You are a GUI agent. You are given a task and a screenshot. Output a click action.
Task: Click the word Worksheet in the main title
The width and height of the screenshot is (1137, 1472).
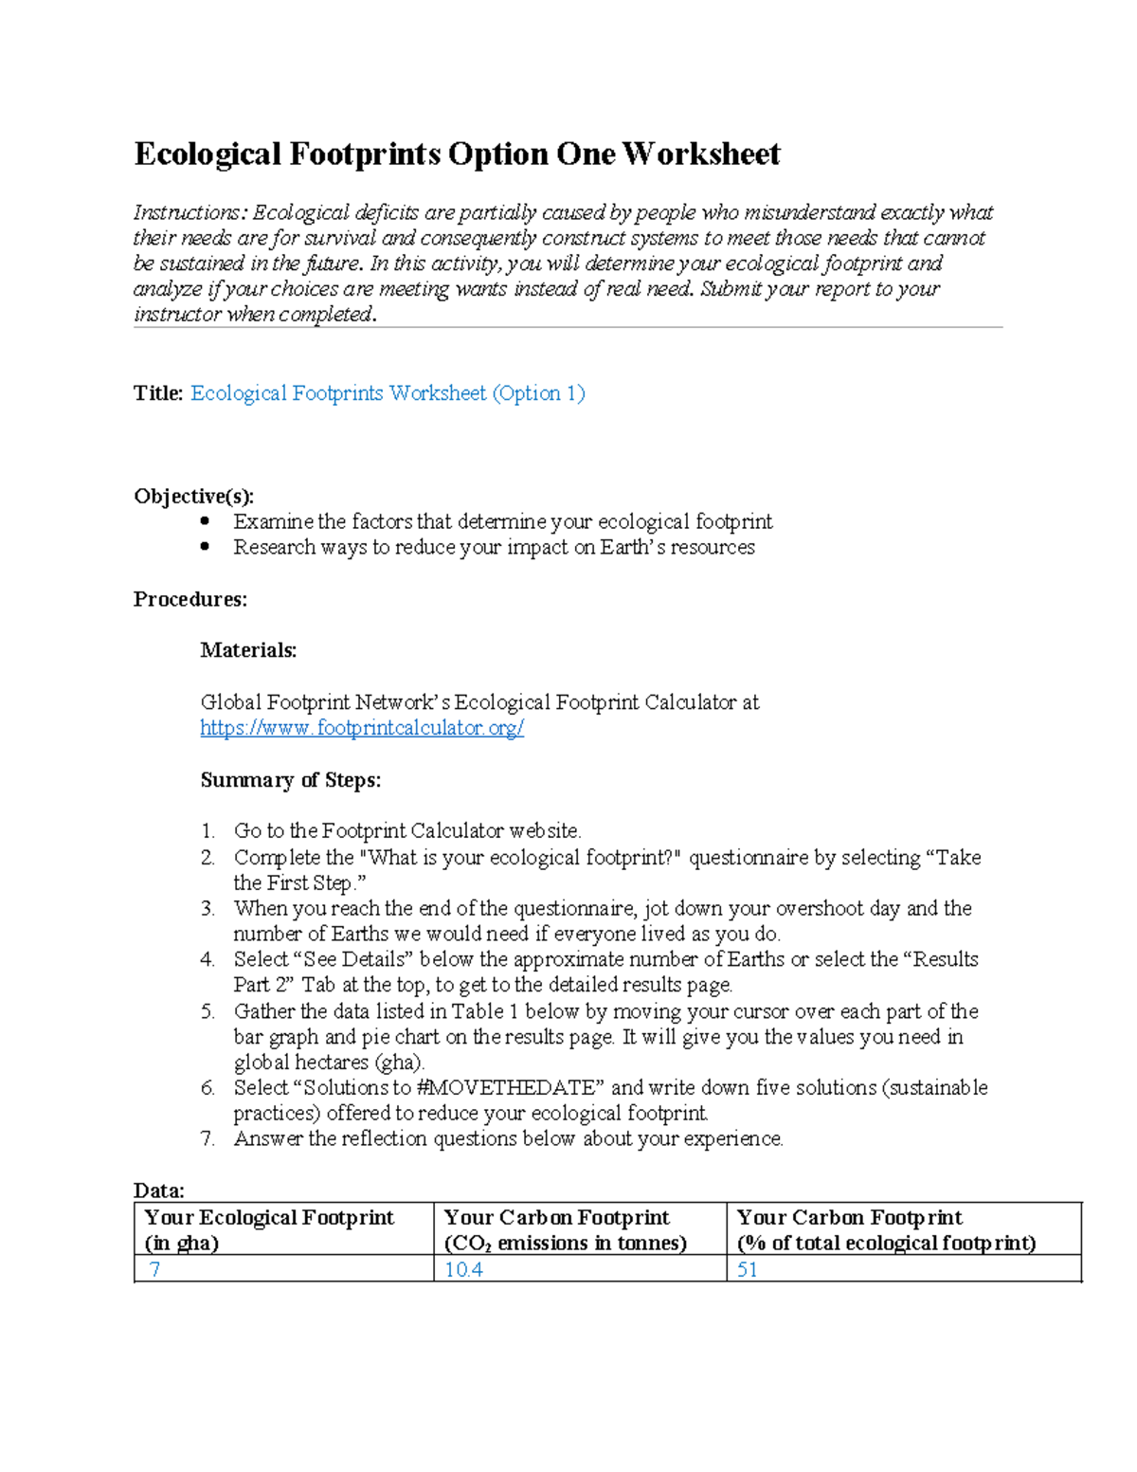700,154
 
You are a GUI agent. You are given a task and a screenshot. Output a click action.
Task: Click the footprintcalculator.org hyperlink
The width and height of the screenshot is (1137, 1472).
362,728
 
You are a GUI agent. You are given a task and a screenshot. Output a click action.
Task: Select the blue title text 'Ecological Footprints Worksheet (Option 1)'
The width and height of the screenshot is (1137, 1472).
388,393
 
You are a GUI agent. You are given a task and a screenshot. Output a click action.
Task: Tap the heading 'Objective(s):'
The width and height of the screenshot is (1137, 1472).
193,496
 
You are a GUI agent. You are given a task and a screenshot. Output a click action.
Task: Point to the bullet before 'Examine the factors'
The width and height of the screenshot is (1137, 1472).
206,521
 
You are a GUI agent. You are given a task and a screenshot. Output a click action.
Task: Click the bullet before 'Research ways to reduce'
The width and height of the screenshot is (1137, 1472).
206,547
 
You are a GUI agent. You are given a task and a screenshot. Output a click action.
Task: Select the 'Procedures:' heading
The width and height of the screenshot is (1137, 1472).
189,599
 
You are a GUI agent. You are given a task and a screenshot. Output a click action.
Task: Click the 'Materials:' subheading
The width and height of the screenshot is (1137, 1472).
248,650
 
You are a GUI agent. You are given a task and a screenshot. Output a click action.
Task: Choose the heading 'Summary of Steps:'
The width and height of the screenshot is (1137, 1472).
290,780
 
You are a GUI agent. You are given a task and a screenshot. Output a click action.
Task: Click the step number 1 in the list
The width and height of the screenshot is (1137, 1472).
208,831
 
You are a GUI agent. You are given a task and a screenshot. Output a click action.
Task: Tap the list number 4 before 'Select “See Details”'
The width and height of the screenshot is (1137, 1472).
208,959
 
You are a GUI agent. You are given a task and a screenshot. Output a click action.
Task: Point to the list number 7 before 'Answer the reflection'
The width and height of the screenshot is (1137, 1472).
208,1138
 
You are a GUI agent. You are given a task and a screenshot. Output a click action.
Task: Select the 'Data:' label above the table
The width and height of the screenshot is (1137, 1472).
158,1190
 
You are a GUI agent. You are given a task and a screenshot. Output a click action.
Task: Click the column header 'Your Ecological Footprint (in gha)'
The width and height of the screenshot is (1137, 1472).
269,1229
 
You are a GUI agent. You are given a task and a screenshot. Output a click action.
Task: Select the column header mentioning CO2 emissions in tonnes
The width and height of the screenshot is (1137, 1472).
565,1229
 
